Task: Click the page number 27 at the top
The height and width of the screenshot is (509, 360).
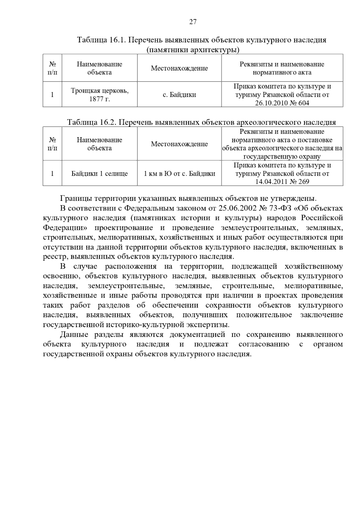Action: (x=193, y=22)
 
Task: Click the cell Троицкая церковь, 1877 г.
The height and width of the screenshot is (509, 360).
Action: (x=100, y=94)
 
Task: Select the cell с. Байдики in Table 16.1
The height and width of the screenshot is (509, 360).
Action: (x=179, y=95)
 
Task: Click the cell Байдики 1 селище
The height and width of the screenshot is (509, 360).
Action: (x=100, y=174)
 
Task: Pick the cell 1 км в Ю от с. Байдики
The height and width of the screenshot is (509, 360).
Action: (x=179, y=174)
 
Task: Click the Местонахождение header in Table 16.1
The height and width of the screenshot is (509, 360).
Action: (x=179, y=68)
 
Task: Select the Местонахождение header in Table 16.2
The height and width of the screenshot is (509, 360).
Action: (x=179, y=144)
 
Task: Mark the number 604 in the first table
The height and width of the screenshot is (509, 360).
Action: (x=304, y=103)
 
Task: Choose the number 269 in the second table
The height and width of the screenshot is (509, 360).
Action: (x=304, y=182)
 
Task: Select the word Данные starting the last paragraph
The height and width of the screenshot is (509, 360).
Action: (x=74, y=335)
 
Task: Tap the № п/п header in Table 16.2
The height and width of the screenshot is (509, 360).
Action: (x=52, y=144)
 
